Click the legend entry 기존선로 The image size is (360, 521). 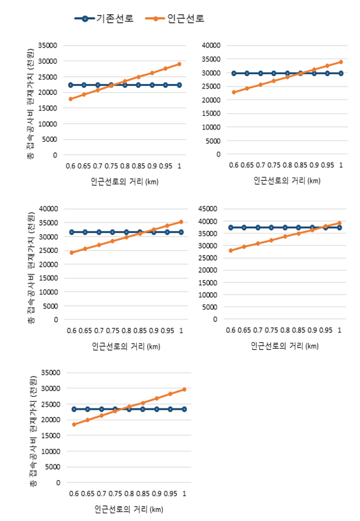click(104, 18)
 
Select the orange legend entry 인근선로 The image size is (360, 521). click(175, 18)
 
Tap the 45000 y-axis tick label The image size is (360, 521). click(208, 209)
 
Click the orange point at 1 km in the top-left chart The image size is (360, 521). click(179, 64)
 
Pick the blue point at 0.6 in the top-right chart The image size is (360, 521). click(234, 73)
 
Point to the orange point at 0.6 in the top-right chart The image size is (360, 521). click(234, 92)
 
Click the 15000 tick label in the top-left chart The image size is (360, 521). click(48, 108)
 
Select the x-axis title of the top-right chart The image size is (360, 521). click(287, 180)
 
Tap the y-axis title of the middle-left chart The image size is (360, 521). click(31, 267)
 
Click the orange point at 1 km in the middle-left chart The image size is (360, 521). click(181, 222)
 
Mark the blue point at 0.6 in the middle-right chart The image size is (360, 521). click(230, 228)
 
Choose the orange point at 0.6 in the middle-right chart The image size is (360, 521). click(230, 250)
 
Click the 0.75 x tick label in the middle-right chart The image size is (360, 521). click(271, 330)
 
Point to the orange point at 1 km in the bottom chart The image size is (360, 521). click(184, 389)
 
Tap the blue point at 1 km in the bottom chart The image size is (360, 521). click(184, 409)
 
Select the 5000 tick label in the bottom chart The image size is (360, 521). click(53, 467)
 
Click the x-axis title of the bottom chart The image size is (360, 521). click(129, 509)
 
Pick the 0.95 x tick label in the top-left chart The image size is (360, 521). click(165, 166)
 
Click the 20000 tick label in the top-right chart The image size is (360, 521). click(211, 100)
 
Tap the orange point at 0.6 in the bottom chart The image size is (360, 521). click(74, 424)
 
